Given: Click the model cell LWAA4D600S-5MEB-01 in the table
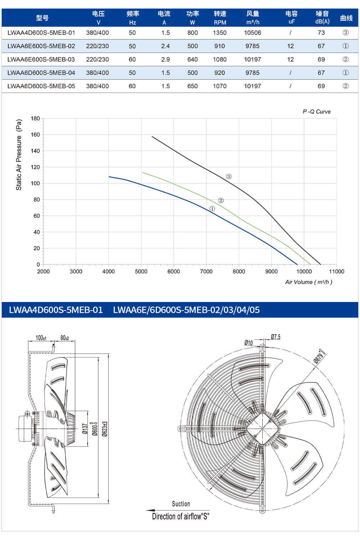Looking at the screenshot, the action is pos(41,33).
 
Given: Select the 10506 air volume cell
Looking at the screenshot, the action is pos(252,33).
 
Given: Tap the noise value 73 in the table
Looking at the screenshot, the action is pos(321,33).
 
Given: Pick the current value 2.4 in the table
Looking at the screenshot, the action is pos(165,46).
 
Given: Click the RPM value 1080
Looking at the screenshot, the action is pos(220,59).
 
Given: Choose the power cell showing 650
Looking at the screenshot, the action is pos(192,86).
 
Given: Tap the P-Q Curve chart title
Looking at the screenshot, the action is pos(317,111).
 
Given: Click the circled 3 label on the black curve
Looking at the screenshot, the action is pos(229,176).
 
